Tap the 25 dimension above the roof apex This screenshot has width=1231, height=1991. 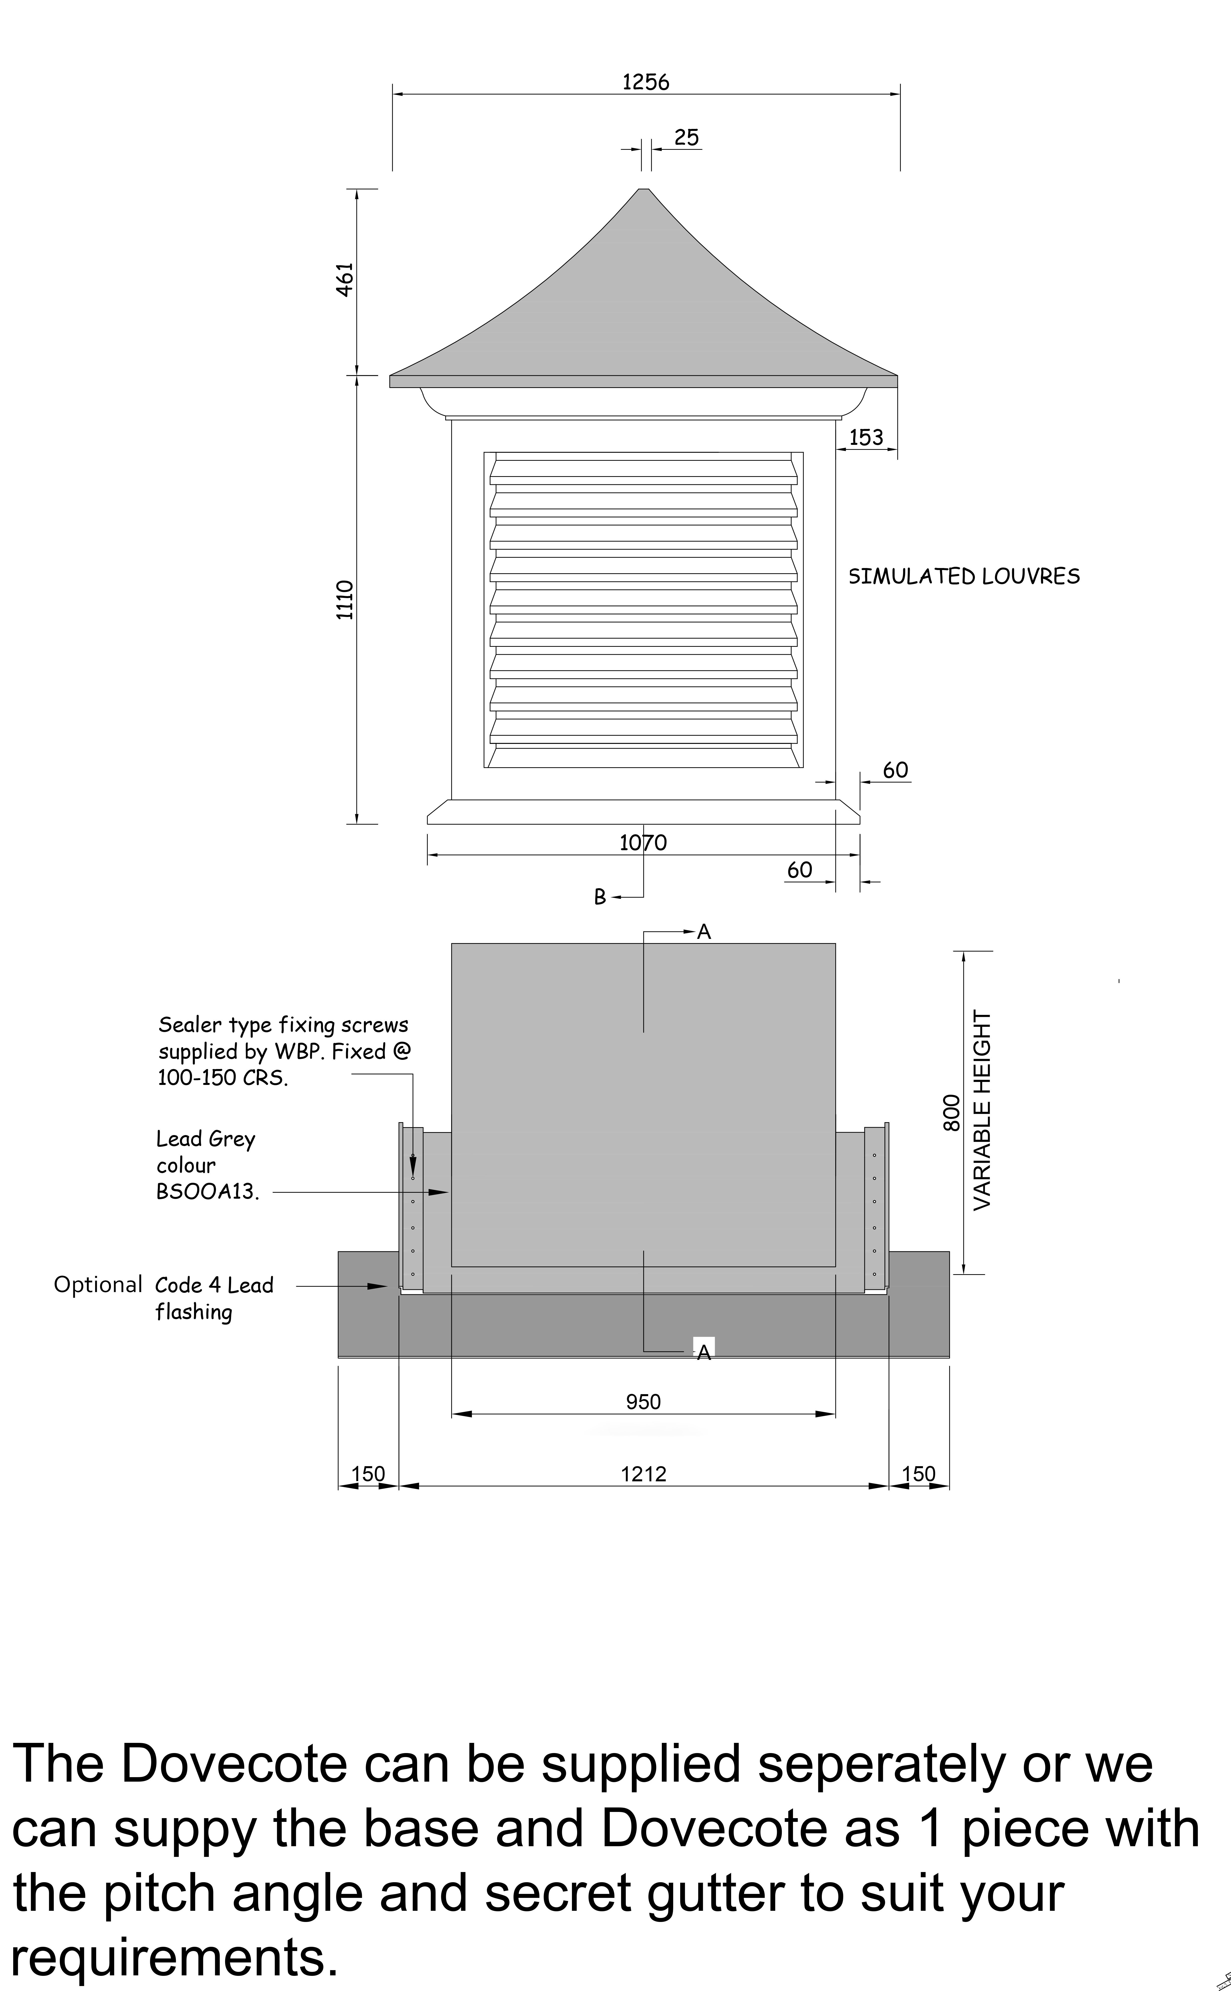(x=686, y=138)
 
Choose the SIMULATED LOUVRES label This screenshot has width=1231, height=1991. (x=964, y=576)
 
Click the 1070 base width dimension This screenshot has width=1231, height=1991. (x=643, y=842)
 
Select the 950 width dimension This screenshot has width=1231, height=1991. (x=643, y=1402)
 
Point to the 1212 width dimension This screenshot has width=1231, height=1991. (x=643, y=1474)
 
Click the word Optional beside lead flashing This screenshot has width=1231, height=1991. (x=98, y=1284)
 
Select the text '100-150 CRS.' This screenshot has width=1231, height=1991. (x=223, y=1078)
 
